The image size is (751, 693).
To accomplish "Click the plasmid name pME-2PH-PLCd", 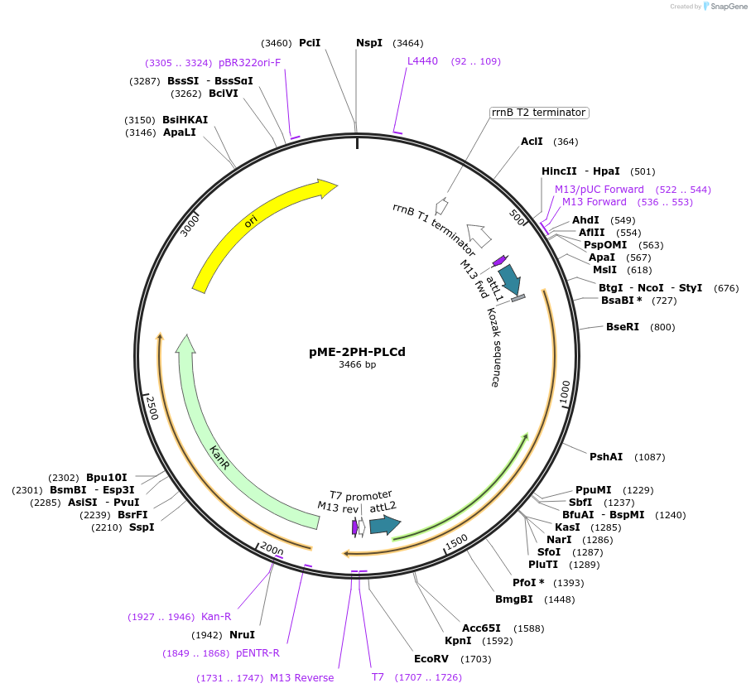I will click(x=357, y=352).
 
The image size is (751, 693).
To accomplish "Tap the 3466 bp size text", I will click(x=357, y=365).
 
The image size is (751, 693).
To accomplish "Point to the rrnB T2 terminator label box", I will click(x=538, y=113).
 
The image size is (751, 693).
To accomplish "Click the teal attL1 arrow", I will click(x=511, y=280).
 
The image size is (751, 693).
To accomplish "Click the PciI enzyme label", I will click(x=310, y=43).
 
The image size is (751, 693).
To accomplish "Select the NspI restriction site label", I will click(x=369, y=43).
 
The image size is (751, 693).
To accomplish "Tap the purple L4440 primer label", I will click(x=422, y=61).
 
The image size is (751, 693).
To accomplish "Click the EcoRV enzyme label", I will click(x=431, y=659).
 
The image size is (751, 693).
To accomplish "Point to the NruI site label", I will click(x=242, y=635).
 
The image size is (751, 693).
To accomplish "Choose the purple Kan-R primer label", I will click(x=216, y=617).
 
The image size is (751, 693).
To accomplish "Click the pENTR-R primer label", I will click(x=258, y=653).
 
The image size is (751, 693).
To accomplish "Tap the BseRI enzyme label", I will click(x=623, y=327).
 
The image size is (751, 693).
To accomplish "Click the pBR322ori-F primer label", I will click(x=249, y=63).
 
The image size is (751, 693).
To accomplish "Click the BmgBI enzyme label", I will click(x=513, y=599).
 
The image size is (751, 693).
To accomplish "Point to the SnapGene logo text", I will click(x=726, y=7).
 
